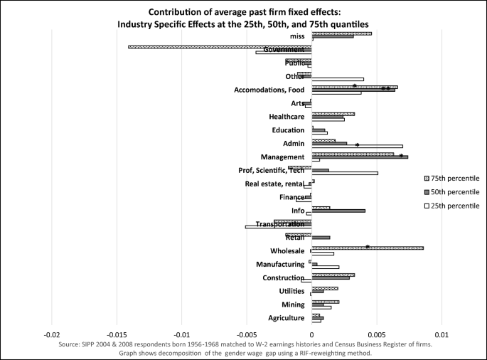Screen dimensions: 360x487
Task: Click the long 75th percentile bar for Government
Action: click(220, 47)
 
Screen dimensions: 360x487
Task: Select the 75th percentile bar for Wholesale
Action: click(368, 248)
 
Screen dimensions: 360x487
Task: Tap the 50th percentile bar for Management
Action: click(360, 157)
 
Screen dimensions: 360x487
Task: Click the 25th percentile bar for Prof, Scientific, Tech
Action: click(345, 173)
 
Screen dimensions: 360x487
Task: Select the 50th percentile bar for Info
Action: click(338, 211)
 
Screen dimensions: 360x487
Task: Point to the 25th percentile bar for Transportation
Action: click(279, 227)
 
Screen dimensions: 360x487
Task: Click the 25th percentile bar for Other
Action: click(338, 79)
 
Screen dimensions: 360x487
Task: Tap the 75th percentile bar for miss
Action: click(341, 33)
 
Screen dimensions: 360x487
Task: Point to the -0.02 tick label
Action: click(52, 334)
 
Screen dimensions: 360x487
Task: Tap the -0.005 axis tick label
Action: click(247, 334)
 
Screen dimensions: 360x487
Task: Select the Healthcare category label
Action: click(287, 117)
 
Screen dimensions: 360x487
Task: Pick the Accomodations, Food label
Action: click(269, 90)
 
